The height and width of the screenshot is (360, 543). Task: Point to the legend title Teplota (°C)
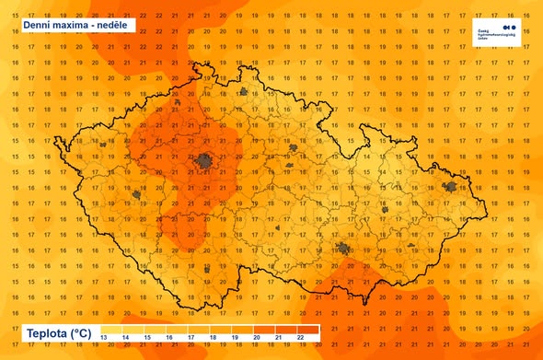(x=58, y=332)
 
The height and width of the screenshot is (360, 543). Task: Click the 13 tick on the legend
(x=103, y=340)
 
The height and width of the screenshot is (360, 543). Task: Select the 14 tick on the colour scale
(x=126, y=340)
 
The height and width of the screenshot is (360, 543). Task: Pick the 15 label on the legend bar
(x=148, y=340)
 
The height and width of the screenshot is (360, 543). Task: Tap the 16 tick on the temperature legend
(x=169, y=340)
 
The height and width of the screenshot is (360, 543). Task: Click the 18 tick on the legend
(x=213, y=340)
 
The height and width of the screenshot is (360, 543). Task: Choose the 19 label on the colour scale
(x=234, y=340)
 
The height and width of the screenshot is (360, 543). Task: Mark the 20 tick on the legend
(x=256, y=340)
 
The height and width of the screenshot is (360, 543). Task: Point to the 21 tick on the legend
(x=277, y=340)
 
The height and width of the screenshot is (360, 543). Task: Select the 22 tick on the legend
(x=299, y=340)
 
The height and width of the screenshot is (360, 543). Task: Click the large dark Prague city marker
(x=204, y=163)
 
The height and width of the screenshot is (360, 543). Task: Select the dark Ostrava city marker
(x=450, y=187)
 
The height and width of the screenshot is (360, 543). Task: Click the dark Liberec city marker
(x=243, y=91)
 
